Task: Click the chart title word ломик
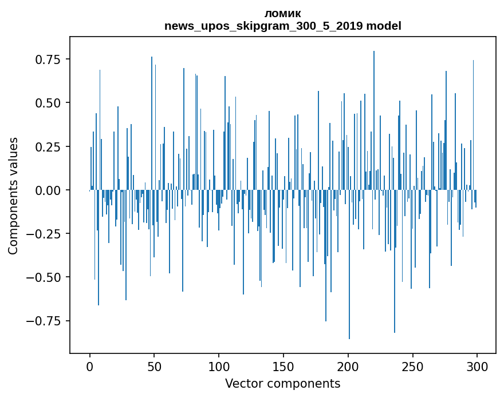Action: (x=282, y=13)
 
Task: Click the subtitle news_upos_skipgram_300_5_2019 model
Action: (x=282, y=26)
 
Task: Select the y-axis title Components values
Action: (x=13, y=196)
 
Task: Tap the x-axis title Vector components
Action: (x=282, y=384)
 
